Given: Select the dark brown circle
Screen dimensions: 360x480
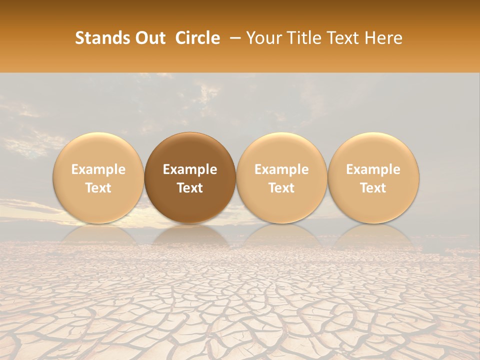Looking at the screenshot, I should click(190, 177).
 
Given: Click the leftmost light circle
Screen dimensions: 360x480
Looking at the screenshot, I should click(98, 177).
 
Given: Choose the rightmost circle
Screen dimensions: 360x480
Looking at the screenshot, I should click(373, 177).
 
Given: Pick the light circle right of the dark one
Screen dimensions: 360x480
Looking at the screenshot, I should click(281, 177).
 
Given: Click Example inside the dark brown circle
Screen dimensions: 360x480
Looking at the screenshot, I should click(190, 169).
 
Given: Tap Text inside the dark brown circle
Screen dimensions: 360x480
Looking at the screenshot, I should click(190, 187).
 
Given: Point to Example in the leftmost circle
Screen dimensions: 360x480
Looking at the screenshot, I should click(98, 169).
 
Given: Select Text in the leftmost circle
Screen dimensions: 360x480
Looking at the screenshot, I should click(98, 187).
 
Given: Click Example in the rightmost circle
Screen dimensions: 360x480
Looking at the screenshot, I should click(373, 169).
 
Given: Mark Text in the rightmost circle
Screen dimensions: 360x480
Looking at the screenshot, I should click(373, 187).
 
